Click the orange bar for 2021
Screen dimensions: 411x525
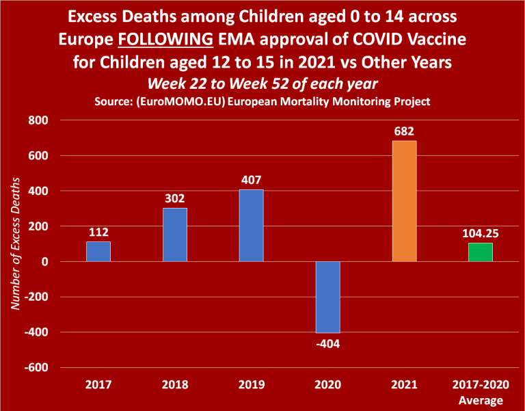404,201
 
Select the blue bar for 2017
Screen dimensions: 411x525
98,252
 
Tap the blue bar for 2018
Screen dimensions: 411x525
175,235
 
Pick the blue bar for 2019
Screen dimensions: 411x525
252,226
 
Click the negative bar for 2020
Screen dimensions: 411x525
328,297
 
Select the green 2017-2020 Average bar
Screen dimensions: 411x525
481,252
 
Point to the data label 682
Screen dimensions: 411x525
404,131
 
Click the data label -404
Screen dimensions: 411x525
328,343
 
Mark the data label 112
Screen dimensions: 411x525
98,232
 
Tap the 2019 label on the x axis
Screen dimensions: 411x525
252,386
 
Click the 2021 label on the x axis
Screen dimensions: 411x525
404,386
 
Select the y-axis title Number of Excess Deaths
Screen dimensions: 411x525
16,245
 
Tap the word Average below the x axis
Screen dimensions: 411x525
481,400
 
